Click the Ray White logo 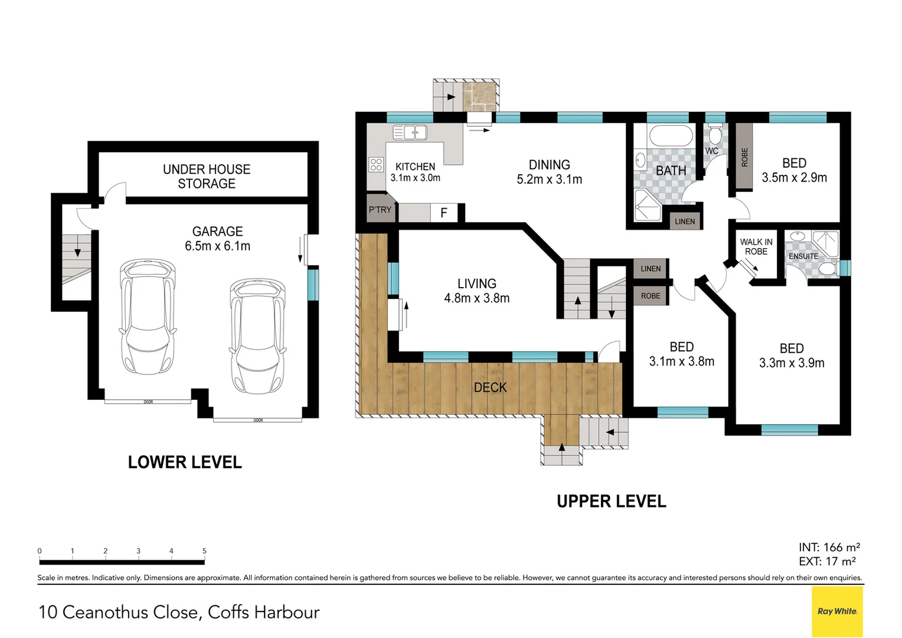coord(837,611)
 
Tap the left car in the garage coord(148,317)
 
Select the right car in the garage coord(257,336)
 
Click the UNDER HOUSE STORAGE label coord(207,177)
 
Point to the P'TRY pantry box coord(380,210)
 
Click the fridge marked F coord(444,213)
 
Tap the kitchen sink coord(410,132)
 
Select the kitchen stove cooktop coord(376,164)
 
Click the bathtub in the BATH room coord(671,136)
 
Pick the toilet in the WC coord(715,135)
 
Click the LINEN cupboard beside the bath coord(685,222)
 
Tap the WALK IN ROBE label coord(756,246)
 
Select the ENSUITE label coord(803,256)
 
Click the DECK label coord(490,388)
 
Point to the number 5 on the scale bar coord(204,551)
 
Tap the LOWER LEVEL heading coord(185,462)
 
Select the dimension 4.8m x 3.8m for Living coord(476,298)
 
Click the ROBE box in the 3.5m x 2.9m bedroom coord(744,157)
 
